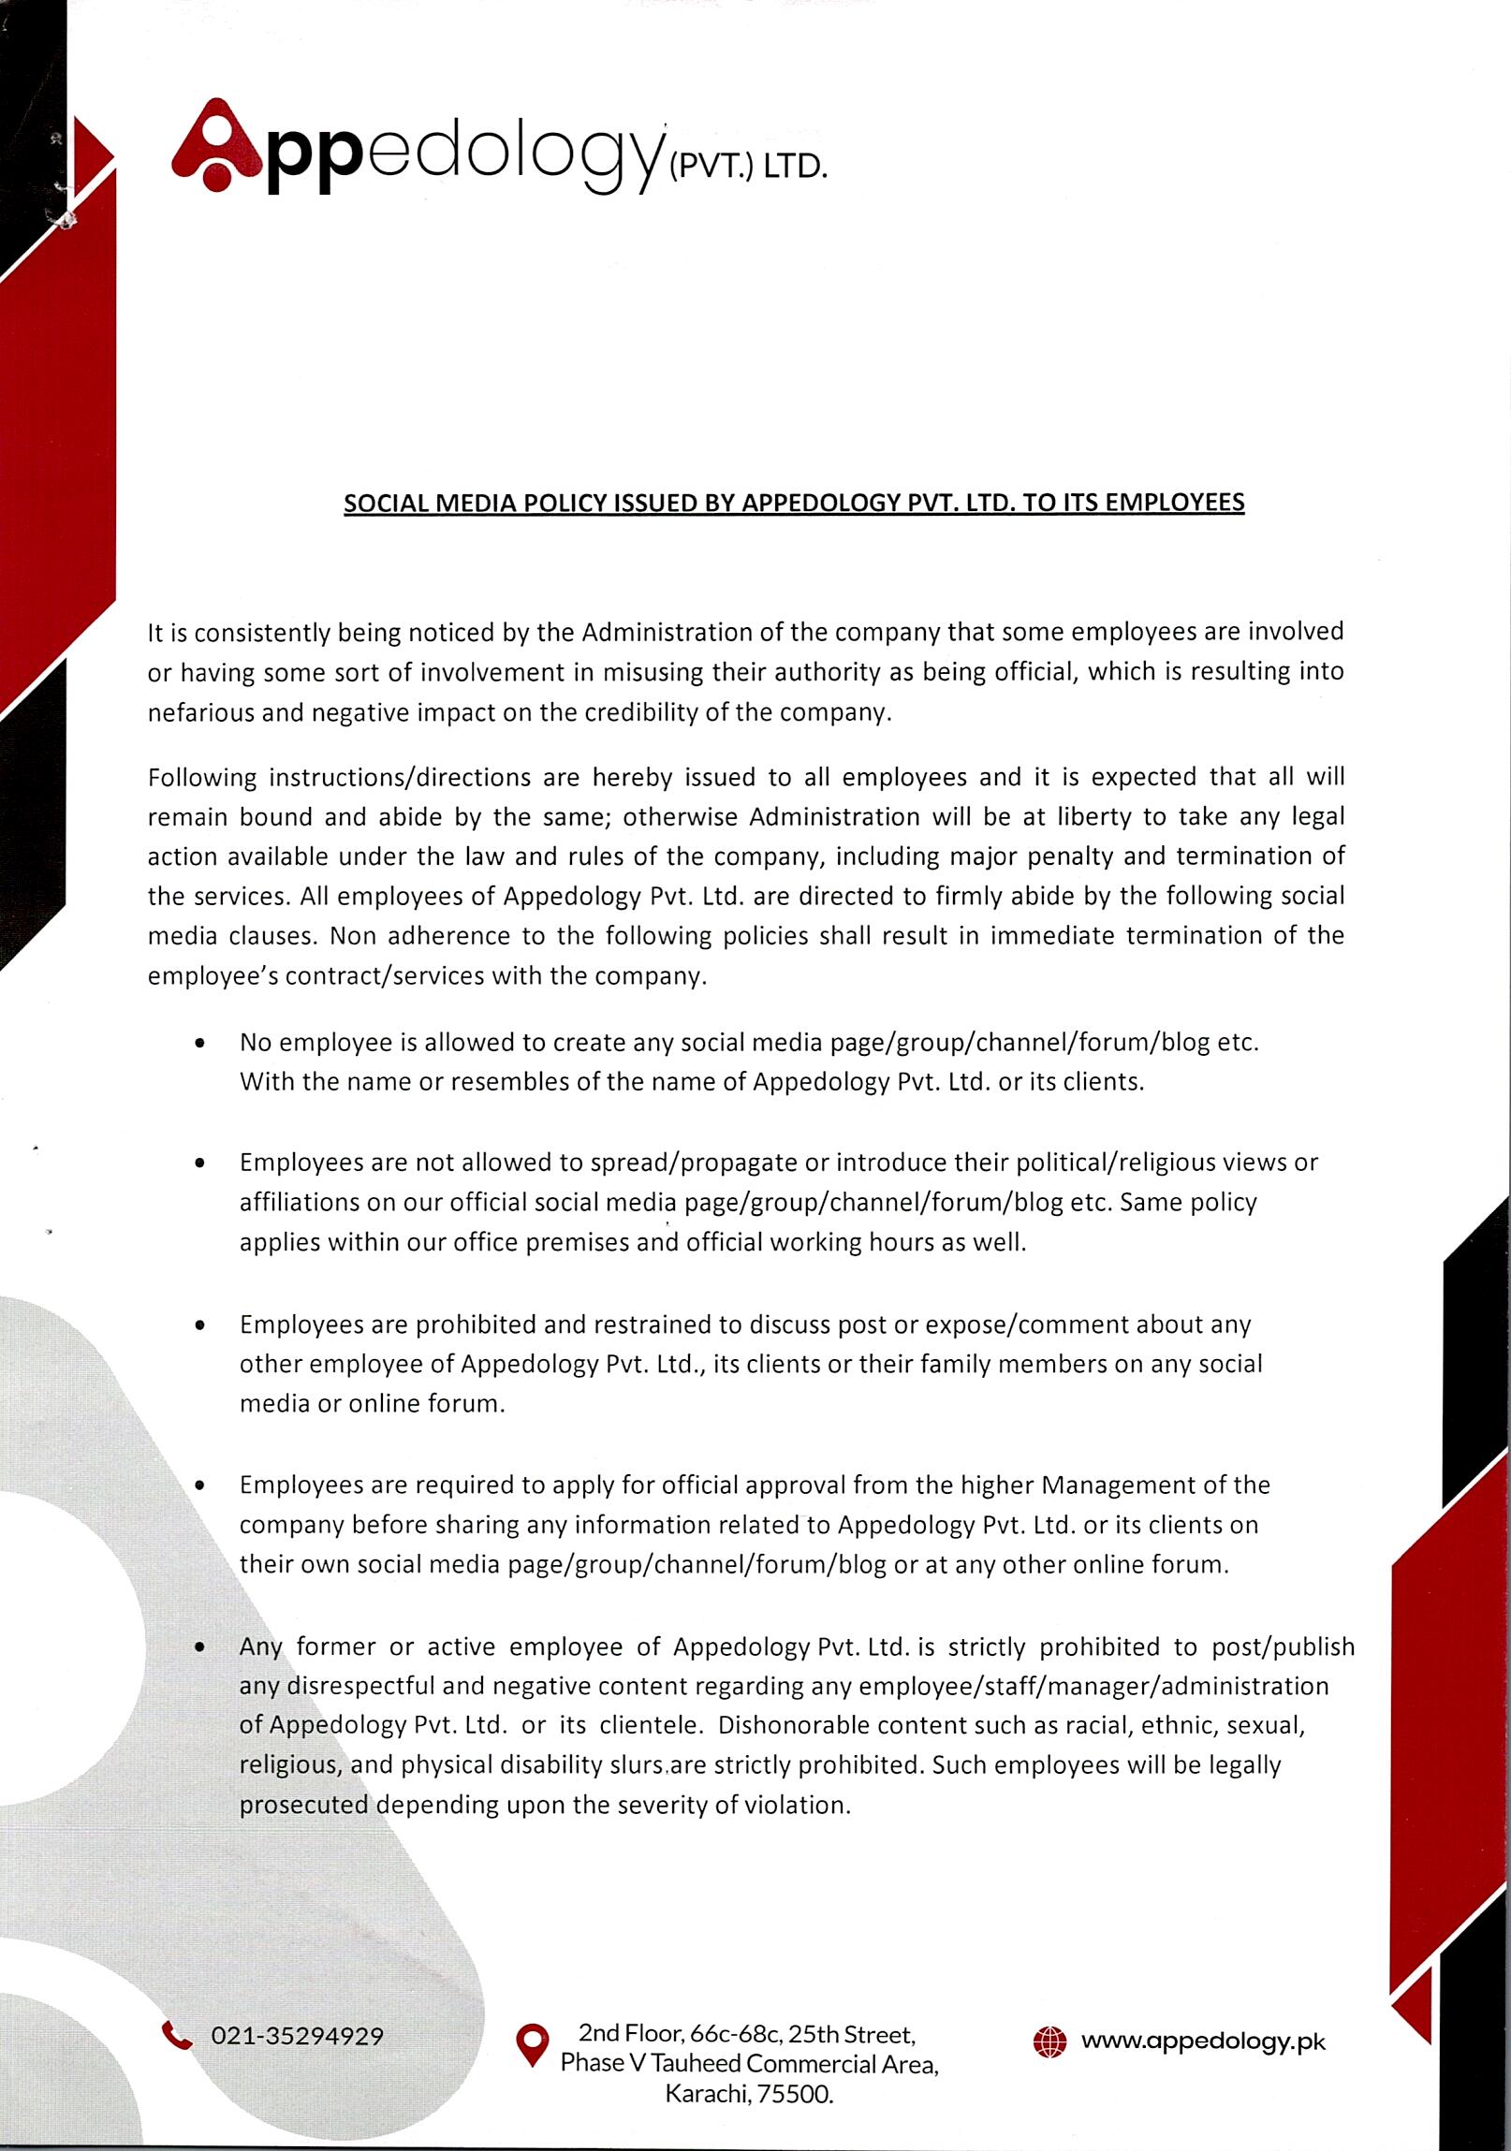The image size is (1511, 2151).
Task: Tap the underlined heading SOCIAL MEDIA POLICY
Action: click(794, 503)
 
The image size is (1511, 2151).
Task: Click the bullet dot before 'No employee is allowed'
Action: click(200, 1043)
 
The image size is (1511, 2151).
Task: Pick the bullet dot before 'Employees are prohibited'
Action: click(200, 1325)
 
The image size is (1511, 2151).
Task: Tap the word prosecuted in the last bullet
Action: click(303, 1805)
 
